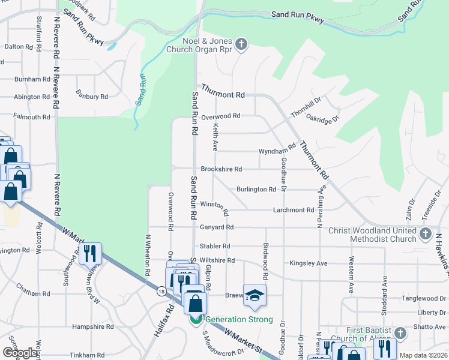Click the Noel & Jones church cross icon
(241, 43)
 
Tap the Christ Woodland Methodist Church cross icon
(426, 233)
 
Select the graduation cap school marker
(255, 295)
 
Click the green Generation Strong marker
(196, 319)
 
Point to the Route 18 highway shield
(161, 292)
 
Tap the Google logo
(20, 352)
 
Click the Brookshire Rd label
(221, 169)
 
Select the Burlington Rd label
(256, 189)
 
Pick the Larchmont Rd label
(294, 210)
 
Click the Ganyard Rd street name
(217, 227)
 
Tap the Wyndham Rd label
(277, 149)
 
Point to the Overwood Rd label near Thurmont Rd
(220, 116)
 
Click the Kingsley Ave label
(308, 263)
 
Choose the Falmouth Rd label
(32, 117)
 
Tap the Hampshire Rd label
(92, 327)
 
